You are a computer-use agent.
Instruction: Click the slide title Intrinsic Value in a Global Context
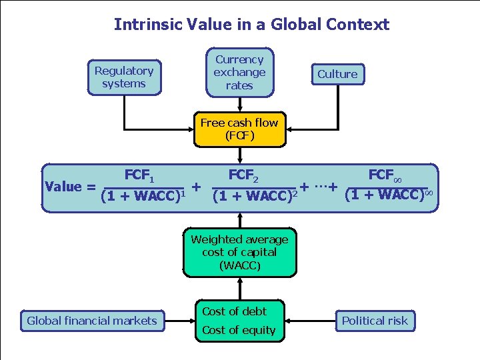[251, 25]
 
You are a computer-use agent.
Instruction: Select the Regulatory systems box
[124, 77]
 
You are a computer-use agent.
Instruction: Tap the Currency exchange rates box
[239, 72]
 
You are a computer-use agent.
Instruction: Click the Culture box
[337, 74]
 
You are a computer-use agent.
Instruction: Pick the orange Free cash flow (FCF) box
[239, 129]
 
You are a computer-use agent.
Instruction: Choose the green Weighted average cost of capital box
[239, 253]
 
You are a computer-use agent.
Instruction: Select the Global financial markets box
[92, 321]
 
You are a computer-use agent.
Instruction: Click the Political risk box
[375, 321]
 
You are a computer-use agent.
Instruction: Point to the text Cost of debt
[234, 311]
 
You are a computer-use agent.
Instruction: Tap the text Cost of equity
[239, 330]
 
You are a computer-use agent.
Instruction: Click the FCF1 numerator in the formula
[140, 176]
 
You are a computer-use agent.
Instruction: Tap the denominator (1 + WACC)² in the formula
[254, 197]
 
